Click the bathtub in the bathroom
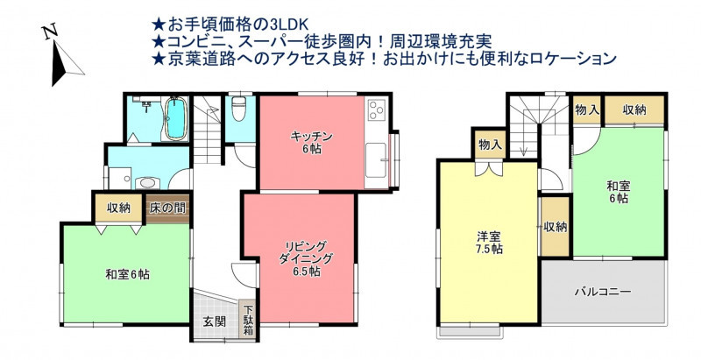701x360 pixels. coord(175,118)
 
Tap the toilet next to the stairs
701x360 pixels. coord(238,109)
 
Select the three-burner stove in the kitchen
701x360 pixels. coord(376,109)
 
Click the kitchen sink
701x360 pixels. coord(376,159)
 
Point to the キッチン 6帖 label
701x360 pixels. coord(312,143)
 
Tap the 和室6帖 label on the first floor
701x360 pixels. coord(127,274)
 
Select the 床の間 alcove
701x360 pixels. coord(167,209)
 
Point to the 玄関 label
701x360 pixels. coord(215,321)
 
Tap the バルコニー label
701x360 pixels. coord(603,292)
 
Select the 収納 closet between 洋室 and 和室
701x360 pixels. coord(556,227)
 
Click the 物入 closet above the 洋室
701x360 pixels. coord(490,144)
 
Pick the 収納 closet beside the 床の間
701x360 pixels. coord(118,208)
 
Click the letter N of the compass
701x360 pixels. coord(50,32)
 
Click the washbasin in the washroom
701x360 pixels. coord(146,182)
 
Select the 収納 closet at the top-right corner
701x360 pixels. coord(634,110)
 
